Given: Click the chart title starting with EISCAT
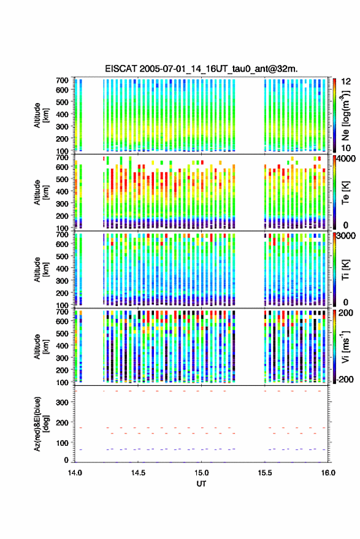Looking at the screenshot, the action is tap(201, 69).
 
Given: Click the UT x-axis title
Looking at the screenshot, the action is tap(201, 484).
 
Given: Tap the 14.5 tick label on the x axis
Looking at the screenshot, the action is tap(138, 473).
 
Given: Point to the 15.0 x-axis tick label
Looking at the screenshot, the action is tap(201, 473).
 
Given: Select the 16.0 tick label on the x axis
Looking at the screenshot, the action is tap(328, 473).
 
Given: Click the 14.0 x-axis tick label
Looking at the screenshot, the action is tap(75, 473).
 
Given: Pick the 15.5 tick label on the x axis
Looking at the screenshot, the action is tap(265, 473).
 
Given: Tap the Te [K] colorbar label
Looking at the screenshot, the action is tap(345, 193).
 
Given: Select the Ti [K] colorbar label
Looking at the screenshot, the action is tap(345, 270).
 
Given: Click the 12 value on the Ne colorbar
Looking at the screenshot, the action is tap(346, 82).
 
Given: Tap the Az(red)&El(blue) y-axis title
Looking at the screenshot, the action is tap(41, 424).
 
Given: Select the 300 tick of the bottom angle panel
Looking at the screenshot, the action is tap(63, 402).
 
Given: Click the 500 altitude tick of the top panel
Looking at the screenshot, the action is tap(62, 102).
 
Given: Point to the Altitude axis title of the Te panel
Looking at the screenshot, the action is tap(41, 193).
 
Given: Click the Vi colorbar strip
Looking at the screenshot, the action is tap(334, 346).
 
